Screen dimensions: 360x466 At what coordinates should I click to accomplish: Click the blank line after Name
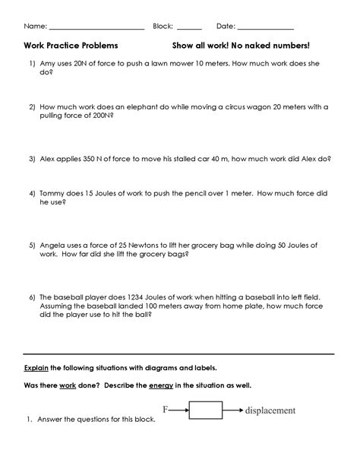[x=96, y=27]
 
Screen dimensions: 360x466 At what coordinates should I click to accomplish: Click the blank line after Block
[x=189, y=27]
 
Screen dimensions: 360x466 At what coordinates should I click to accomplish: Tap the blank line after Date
[x=266, y=27]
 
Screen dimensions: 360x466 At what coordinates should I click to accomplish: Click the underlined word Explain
[x=36, y=366]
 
